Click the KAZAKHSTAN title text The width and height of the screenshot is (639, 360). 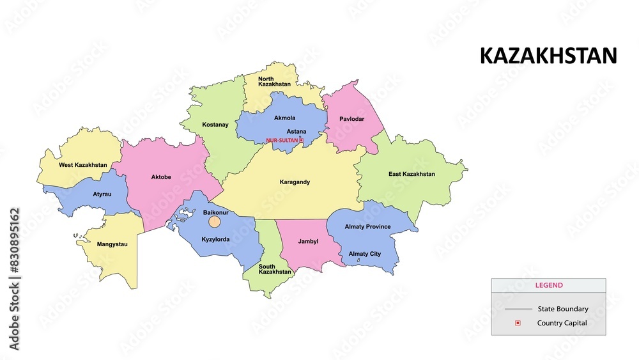coord(548,56)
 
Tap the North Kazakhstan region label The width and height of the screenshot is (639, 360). coord(274,81)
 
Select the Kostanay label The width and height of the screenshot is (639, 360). coord(215,125)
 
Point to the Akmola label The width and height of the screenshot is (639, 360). coord(284,118)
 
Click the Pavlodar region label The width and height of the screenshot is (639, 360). coord(351,119)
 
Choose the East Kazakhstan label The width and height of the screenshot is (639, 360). coord(412,174)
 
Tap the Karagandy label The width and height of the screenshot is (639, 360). coord(295,182)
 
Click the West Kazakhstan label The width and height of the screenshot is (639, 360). coord(83,165)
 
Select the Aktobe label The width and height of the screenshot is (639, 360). coord(160,177)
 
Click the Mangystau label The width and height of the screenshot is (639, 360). coord(112,244)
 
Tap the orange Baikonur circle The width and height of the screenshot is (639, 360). coord(215,222)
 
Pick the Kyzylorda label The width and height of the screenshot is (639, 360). coord(215,239)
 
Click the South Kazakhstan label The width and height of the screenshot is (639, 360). coord(275,269)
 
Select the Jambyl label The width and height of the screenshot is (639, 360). coord(308,242)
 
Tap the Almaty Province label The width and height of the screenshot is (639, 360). coord(367,227)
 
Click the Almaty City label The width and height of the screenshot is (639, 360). coord(364,254)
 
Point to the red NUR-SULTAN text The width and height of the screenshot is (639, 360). coord(281,140)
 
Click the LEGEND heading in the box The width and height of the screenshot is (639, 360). coord(548,285)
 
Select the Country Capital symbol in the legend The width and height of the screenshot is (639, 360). coord(518,323)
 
